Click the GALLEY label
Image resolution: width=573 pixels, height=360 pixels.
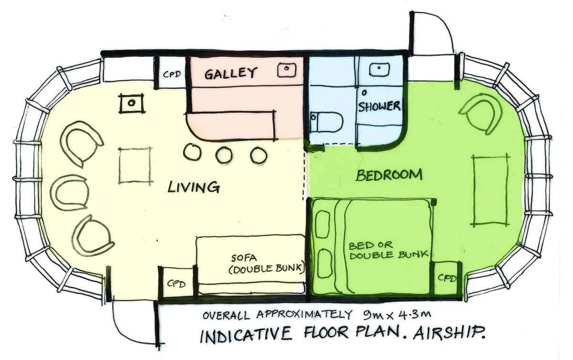[231, 74]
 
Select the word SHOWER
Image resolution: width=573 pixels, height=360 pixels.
[379, 106]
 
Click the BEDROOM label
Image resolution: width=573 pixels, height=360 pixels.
[389, 175]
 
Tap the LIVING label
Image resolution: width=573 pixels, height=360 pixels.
[193, 186]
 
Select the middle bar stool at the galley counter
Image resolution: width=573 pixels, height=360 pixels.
[223, 155]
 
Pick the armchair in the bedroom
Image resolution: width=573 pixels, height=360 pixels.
[480, 113]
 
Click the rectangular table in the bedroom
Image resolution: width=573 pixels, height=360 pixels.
[489, 190]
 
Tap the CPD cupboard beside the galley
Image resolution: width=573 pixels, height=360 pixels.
[172, 74]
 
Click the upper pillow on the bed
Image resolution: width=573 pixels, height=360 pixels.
[324, 224]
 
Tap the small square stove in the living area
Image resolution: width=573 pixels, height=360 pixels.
[132, 103]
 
